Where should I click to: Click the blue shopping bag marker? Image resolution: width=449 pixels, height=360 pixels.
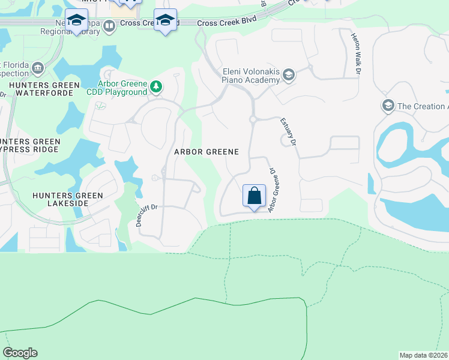tap(254, 196)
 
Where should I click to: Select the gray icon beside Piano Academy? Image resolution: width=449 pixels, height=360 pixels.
tap(289, 74)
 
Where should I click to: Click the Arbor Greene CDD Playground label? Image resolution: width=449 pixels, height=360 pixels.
tap(122, 88)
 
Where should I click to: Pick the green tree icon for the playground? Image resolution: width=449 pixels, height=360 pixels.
tap(156, 87)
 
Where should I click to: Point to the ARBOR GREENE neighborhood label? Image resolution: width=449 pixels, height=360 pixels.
tap(206, 152)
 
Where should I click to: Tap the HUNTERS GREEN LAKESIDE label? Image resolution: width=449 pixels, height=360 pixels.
tap(68, 199)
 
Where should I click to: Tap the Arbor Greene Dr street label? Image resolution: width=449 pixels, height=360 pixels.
tap(273, 190)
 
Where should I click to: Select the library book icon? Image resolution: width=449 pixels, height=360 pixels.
tap(109, 26)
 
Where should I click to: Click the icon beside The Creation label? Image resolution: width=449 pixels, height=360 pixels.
tap(387, 106)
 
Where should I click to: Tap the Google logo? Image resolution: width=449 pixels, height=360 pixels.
tap(20, 353)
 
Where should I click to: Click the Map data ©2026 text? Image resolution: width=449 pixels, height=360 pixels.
tap(423, 355)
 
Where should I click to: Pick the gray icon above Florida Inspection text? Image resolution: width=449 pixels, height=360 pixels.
tap(38, 67)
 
